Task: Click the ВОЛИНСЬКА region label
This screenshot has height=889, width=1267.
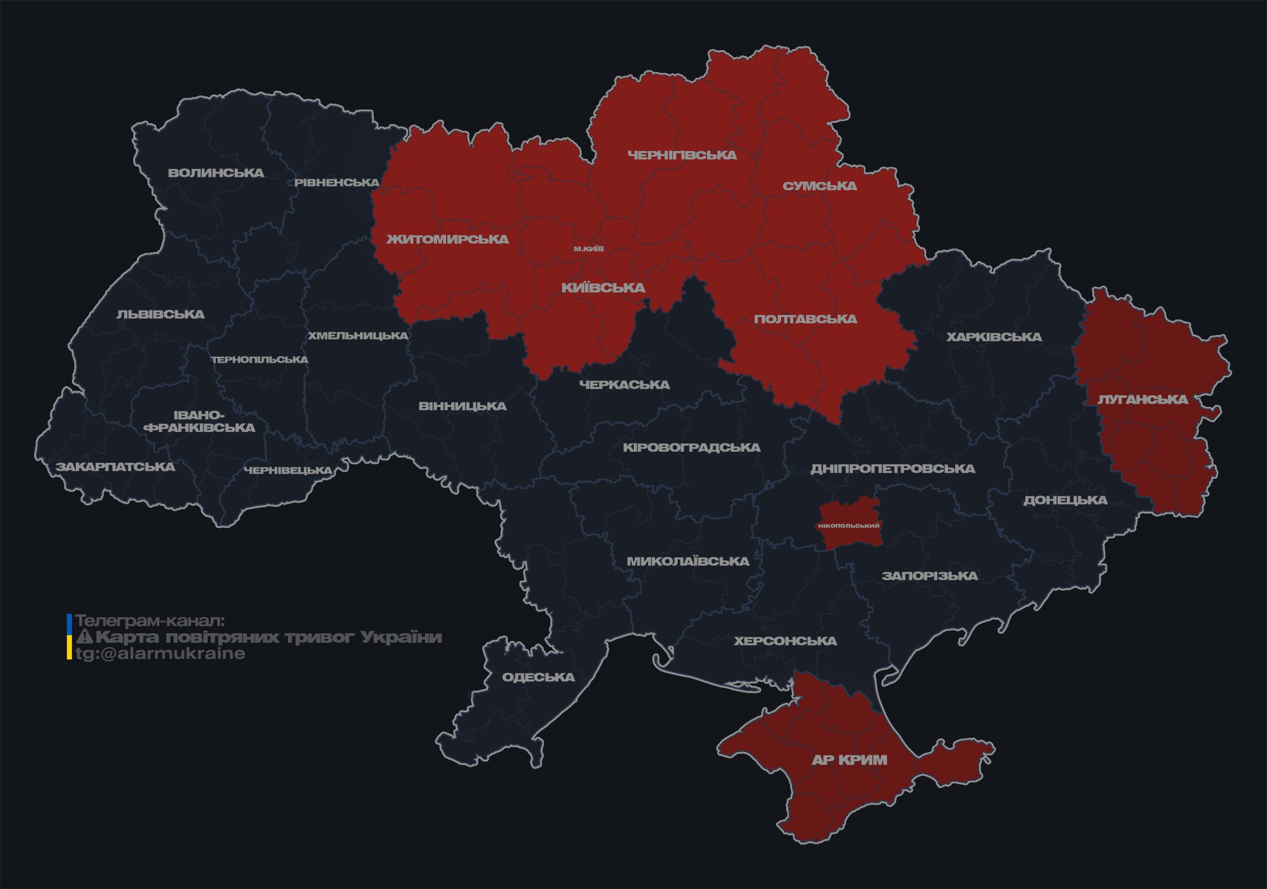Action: [215, 173]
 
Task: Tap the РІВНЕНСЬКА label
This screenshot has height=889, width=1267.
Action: [337, 183]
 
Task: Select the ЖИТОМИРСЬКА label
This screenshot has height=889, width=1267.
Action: [447, 239]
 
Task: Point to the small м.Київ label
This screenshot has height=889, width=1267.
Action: [588, 249]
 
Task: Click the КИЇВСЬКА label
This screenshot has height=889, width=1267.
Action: [603, 288]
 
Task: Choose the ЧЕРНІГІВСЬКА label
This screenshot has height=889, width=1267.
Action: [681, 155]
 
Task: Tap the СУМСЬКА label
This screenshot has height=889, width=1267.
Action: [820, 186]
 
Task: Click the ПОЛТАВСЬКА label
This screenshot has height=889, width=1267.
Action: [805, 319]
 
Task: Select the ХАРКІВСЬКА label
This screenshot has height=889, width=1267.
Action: [993, 337]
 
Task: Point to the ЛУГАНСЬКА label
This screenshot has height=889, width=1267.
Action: [1142, 399]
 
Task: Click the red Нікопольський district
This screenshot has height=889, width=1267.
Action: [849, 525]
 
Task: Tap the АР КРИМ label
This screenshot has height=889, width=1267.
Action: [849, 760]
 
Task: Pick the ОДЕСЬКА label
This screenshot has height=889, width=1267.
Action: [538, 677]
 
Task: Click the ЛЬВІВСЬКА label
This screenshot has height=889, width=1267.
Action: [160, 314]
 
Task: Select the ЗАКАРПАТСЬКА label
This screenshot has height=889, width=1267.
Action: [115, 467]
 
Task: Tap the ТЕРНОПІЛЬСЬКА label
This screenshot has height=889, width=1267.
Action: [259, 359]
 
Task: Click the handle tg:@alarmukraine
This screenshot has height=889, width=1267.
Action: [160, 654]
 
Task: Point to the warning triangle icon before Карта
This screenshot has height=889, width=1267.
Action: [84, 638]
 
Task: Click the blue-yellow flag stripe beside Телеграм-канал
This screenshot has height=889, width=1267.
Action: [69, 637]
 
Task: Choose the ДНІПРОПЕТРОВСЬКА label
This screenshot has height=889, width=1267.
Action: [892, 469]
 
